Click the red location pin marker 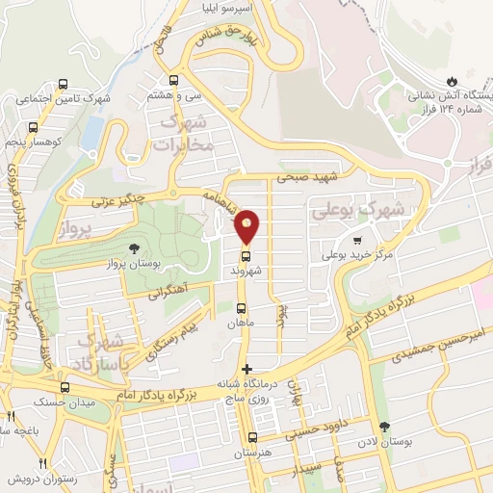(247, 225)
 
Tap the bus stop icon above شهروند (246, 257)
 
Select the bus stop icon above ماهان (240, 308)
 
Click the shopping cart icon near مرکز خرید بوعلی (358, 241)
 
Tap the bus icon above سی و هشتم (173, 80)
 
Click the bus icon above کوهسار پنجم (34, 126)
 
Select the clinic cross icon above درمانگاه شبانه (247, 369)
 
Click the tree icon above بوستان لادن (385, 427)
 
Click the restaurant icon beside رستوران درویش (42, 464)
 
